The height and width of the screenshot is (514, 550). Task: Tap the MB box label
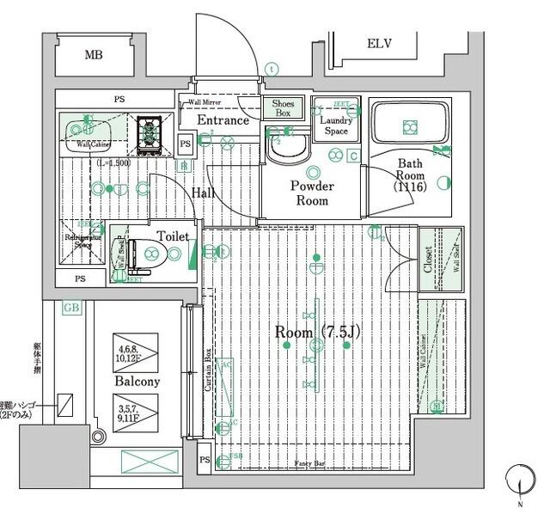[x=94, y=56]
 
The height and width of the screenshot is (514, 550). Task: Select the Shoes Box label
[x=282, y=107]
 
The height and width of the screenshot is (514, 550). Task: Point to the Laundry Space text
[x=336, y=125]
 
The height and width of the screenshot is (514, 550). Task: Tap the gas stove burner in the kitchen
[x=151, y=132]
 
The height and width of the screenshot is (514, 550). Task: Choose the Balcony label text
[x=136, y=381]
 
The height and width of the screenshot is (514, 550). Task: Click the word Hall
[x=204, y=193]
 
